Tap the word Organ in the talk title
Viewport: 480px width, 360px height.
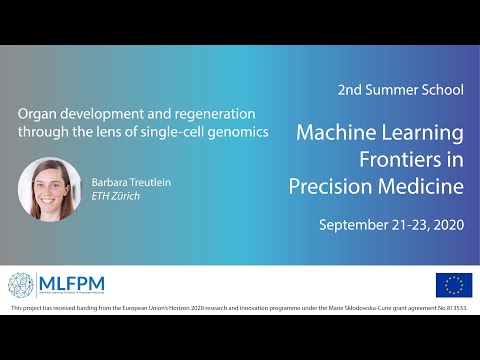pos(38,113)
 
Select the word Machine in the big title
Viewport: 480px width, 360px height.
pos(340,132)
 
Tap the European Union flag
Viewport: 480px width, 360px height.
pos(454,285)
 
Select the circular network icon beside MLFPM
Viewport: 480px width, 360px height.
pos(22,285)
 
